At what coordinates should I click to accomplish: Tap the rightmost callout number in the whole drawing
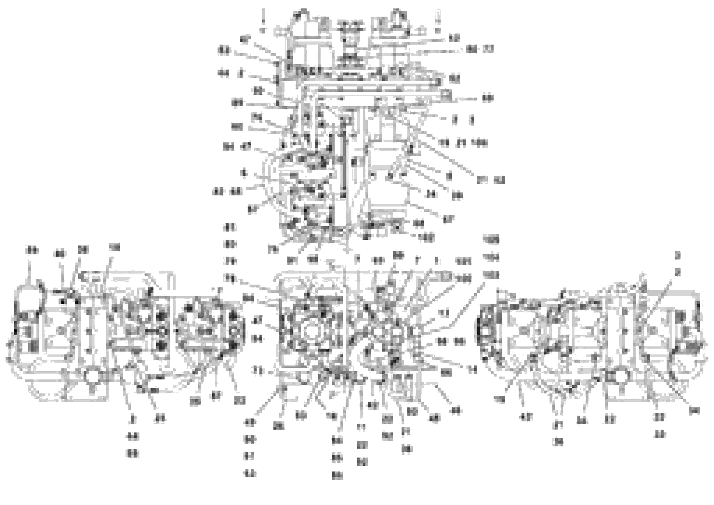694,411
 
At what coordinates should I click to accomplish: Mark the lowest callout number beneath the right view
559,442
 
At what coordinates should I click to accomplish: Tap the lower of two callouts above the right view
677,273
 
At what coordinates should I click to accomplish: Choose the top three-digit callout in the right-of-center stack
491,239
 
